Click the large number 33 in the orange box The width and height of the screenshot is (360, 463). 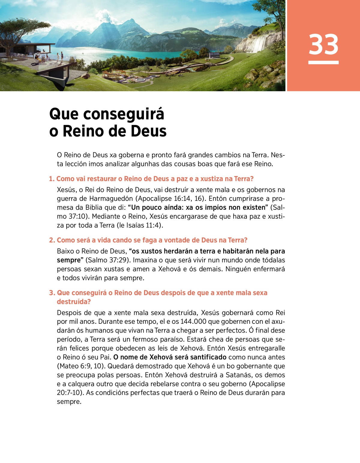[x=323, y=44]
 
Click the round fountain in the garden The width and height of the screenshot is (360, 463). [x=140, y=80]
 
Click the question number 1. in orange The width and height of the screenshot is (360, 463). [x=52, y=179]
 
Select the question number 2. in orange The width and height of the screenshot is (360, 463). [x=52, y=240]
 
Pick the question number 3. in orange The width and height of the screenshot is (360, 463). [x=52, y=293]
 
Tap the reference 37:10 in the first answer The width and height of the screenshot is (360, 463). [x=78, y=216]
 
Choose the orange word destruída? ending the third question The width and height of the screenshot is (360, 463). [x=74, y=302]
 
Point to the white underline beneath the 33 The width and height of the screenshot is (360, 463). [x=323, y=62]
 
